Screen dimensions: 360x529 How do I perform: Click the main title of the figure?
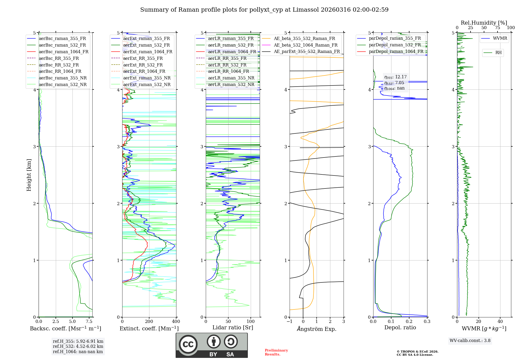point(264,10)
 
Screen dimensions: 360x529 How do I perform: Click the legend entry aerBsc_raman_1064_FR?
point(63,52)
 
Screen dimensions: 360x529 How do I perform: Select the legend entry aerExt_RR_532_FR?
point(143,65)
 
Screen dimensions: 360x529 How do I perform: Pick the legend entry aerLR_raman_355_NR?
point(231,78)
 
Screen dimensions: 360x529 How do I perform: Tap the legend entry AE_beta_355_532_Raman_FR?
point(304,38)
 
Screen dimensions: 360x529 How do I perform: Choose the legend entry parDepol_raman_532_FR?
point(395,45)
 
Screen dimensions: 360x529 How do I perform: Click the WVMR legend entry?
point(500,38)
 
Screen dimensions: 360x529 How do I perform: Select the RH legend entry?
point(498,53)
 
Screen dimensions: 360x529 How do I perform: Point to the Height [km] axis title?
point(29,175)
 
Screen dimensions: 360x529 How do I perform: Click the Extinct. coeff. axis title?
point(149,328)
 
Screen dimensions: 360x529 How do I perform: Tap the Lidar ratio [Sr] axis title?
point(232,327)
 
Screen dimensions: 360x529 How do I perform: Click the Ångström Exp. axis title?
point(317,329)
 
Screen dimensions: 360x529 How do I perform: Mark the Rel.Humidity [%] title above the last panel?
point(484,23)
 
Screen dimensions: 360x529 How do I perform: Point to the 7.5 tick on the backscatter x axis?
point(89,321)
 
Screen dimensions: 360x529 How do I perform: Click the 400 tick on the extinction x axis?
point(176,321)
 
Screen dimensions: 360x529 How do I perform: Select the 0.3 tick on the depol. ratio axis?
point(427,321)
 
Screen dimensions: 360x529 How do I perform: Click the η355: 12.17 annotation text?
point(395,77)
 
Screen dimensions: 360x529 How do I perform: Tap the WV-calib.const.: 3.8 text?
point(470,341)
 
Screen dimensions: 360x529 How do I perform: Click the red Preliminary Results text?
point(276,352)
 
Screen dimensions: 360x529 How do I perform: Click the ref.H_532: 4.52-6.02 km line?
point(78,346)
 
